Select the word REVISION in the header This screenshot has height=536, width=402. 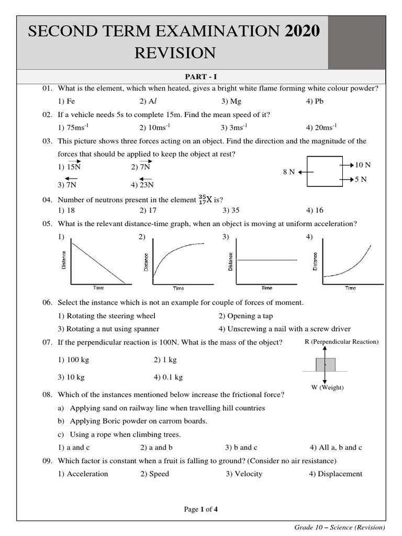[x=175, y=53]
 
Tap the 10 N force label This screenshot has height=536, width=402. [x=363, y=165]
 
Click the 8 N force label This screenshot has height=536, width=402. [x=289, y=172]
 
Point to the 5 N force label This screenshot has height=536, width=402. [x=361, y=180]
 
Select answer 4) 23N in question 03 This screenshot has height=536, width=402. [x=143, y=184]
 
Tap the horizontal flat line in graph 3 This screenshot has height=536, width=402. [x=267, y=260]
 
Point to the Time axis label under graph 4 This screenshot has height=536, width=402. [x=350, y=288]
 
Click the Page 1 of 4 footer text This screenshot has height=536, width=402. [x=200, y=509]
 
